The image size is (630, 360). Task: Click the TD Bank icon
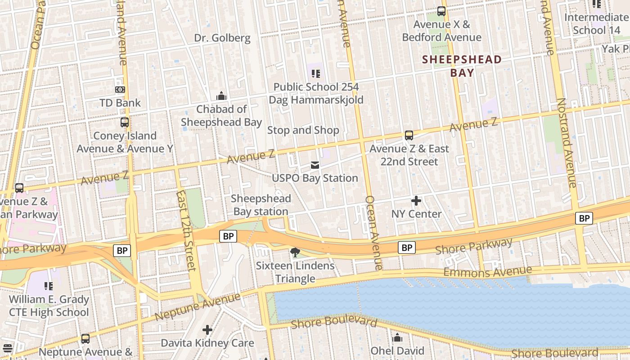[x=120, y=90]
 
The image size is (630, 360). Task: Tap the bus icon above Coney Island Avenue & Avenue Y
[x=125, y=122]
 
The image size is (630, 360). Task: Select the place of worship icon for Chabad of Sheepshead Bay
[x=221, y=96]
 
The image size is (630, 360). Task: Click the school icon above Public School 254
[x=315, y=73]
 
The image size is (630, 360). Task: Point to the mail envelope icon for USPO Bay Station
[x=315, y=165]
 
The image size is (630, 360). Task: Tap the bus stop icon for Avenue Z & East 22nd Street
[x=409, y=135]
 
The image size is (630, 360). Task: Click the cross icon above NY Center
[x=416, y=200]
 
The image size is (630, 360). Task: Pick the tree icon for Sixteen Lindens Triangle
[x=295, y=252]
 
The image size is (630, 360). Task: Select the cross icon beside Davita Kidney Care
[x=207, y=330]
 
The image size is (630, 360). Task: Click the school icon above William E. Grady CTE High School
[x=49, y=286]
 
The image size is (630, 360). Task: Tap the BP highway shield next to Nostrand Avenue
[x=584, y=219]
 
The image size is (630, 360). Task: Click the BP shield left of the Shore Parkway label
[x=406, y=247]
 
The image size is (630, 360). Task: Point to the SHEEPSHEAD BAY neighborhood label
[x=462, y=66]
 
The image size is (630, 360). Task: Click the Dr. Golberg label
[x=222, y=38]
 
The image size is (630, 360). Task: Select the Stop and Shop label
[x=303, y=130]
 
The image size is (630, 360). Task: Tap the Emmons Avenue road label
[x=487, y=271]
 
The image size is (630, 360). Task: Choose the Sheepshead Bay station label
[x=261, y=205]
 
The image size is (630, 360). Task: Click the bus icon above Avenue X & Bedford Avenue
[x=441, y=12]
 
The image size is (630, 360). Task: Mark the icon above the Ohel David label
[x=397, y=337]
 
